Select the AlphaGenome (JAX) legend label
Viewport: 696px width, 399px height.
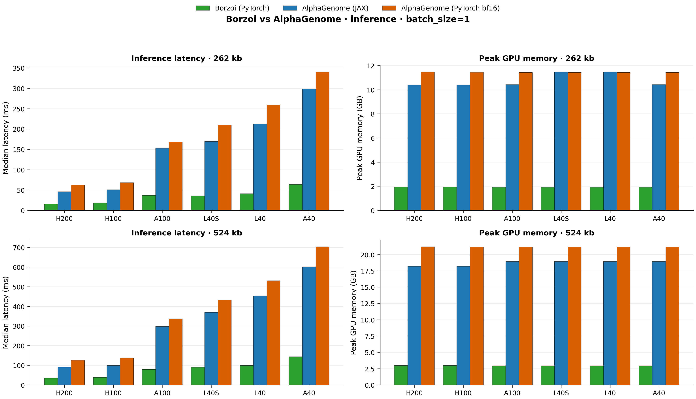335,8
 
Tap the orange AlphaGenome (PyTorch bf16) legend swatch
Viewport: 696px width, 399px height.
389,8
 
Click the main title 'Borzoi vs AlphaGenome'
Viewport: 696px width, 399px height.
348,19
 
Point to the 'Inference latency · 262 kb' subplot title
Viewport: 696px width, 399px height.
187,58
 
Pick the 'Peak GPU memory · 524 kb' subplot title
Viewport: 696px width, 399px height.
536,233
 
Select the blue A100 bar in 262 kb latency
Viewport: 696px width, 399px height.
162,179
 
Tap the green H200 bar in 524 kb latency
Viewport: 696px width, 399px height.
51,381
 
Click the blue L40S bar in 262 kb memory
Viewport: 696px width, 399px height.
561,141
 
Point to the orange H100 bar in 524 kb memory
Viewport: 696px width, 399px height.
476,316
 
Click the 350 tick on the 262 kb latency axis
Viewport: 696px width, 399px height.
19,68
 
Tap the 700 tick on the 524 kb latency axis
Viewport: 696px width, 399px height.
19,248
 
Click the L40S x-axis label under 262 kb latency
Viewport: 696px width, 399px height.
211,219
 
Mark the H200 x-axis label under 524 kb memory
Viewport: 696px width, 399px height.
414,393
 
